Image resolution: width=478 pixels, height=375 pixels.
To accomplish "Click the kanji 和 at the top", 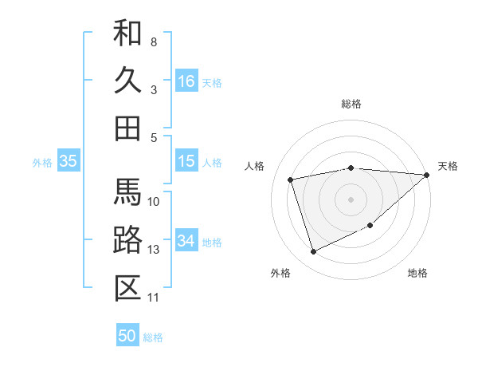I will point(127,33).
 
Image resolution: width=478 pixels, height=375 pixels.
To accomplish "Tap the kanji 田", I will point(127,128).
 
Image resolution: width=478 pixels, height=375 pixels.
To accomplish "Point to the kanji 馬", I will point(127,192).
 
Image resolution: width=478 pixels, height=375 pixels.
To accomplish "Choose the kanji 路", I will point(127,240).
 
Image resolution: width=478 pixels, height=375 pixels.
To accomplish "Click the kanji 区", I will point(127,288).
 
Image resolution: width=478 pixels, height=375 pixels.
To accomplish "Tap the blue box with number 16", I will point(186,81).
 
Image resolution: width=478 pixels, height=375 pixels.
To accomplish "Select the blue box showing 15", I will point(186,161).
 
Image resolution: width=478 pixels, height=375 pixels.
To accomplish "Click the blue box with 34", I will point(186,241).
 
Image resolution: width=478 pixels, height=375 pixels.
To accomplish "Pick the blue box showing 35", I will point(69,161).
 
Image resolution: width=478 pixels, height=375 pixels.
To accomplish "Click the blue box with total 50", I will point(127,336).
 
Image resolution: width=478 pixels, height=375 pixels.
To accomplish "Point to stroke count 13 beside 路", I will point(154,250).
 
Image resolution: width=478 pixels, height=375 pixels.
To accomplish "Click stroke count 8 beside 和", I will point(154,41).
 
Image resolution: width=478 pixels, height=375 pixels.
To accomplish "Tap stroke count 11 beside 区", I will point(154,298).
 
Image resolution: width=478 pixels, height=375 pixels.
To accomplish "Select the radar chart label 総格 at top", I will point(351,104).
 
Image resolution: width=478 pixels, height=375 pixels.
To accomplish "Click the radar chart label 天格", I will point(448,166).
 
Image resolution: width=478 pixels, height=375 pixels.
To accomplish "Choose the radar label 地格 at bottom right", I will point(417,273).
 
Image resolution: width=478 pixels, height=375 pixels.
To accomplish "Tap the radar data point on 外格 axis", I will point(313,252).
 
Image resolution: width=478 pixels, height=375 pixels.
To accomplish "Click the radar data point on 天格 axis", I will point(426,176).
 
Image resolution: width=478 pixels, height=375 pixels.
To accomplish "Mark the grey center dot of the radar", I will point(351,199).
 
